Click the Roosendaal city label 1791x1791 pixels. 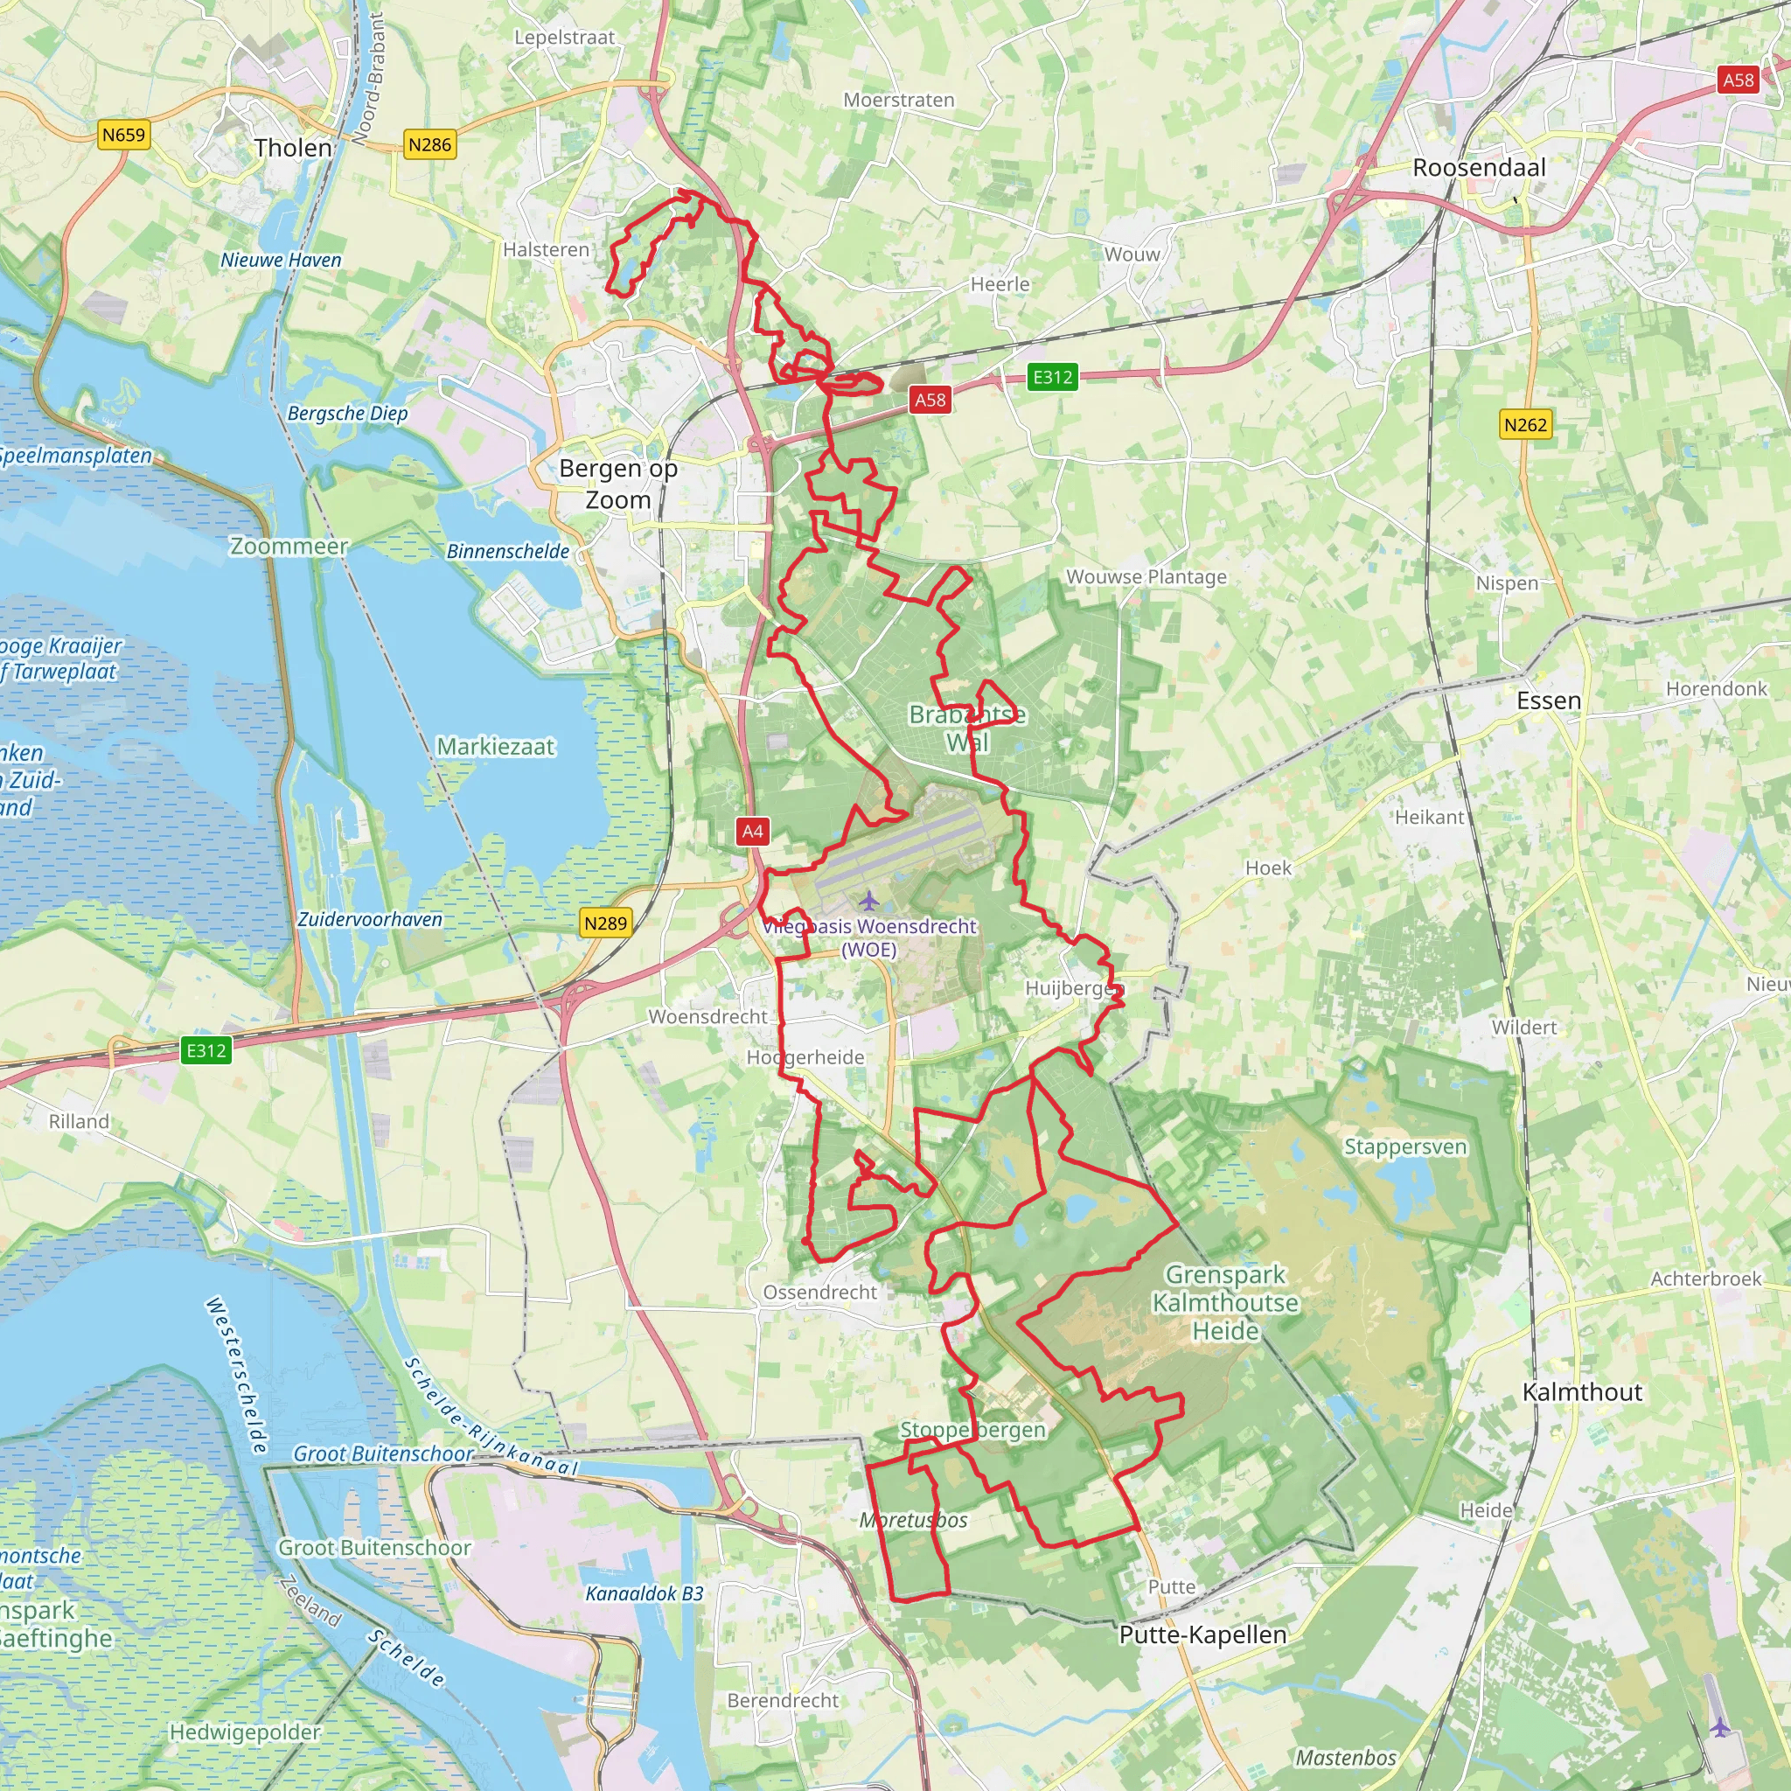1479,168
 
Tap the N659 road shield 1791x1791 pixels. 123,136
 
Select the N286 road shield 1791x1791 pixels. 430,144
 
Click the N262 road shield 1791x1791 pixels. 1525,424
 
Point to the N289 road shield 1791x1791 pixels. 605,923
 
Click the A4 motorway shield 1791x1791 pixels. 753,831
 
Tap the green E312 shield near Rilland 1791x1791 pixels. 206,1049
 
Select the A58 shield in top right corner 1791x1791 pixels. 1739,80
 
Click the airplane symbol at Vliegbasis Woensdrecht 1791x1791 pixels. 868,899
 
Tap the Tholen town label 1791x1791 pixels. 293,149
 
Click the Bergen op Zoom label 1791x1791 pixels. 618,484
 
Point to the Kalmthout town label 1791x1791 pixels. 1582,1391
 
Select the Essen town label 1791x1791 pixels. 1548,700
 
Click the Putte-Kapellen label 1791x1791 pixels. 1202,1634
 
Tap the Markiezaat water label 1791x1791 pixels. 495,746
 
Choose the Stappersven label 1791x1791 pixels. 1405,1146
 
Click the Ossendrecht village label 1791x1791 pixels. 819,1293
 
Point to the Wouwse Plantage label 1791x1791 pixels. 1146,576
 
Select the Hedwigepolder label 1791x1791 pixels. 245,1732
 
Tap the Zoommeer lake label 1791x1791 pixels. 289,546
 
